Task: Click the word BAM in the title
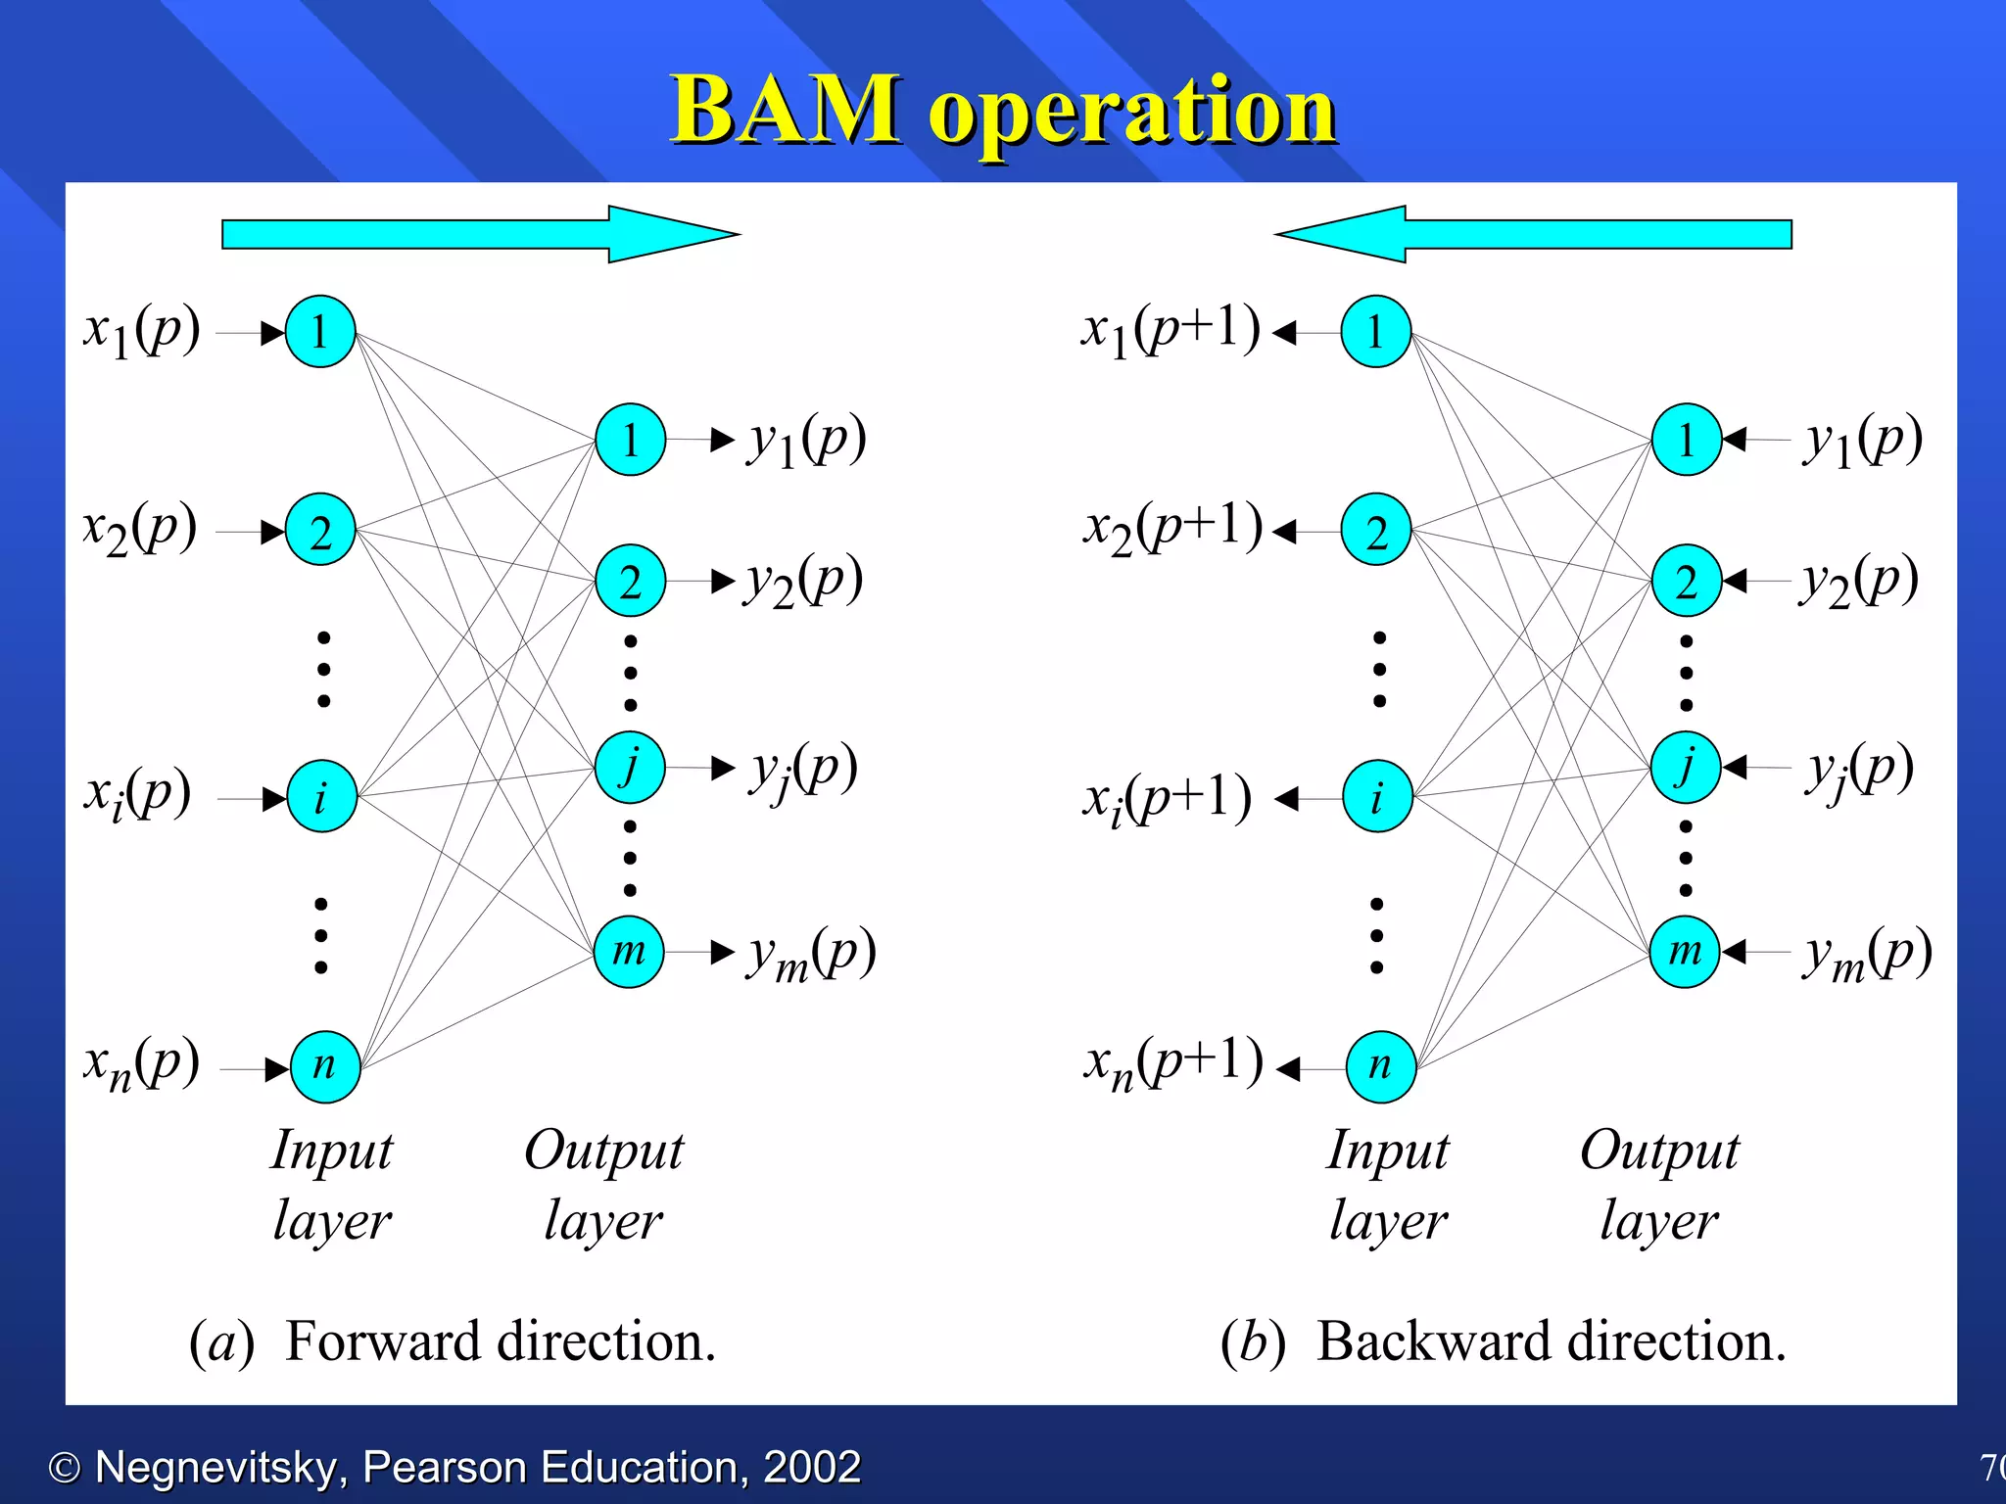(784, 110)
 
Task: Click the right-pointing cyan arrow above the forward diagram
(480, 234)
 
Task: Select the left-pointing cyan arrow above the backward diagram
(1534, 234)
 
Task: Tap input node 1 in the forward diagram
(320, 332)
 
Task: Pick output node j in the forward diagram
(630, 766)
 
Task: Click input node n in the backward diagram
(1381, 1066)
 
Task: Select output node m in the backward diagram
(1685, 951)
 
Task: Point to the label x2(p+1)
(1171, 528)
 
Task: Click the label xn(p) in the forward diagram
(142, 1063)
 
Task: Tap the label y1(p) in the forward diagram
(807, 440)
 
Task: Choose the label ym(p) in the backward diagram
(1867, 953)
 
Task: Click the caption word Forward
(387, 1341)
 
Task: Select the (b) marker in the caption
(1252, 1341)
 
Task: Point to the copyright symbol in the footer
(65, 1468)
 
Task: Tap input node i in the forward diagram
(321, 797)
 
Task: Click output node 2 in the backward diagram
(1686, 581)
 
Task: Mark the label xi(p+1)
(1166, 799)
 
